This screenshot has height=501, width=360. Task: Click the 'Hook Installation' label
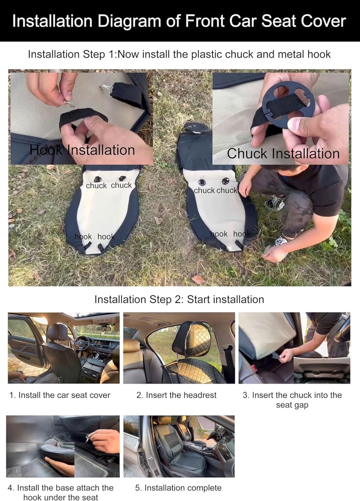82,150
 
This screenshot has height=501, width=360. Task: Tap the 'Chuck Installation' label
283,153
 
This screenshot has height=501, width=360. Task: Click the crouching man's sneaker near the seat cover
275,201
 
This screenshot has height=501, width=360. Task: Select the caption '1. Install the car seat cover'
60,395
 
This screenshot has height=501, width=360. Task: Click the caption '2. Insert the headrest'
176,395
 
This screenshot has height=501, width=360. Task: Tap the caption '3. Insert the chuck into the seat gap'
292,400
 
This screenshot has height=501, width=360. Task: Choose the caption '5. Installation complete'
178,488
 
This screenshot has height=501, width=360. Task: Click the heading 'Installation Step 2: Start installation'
180,300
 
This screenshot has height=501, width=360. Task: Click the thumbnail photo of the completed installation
179,447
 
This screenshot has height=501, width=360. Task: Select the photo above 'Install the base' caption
63,447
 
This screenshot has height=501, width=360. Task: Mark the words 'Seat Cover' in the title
303,22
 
